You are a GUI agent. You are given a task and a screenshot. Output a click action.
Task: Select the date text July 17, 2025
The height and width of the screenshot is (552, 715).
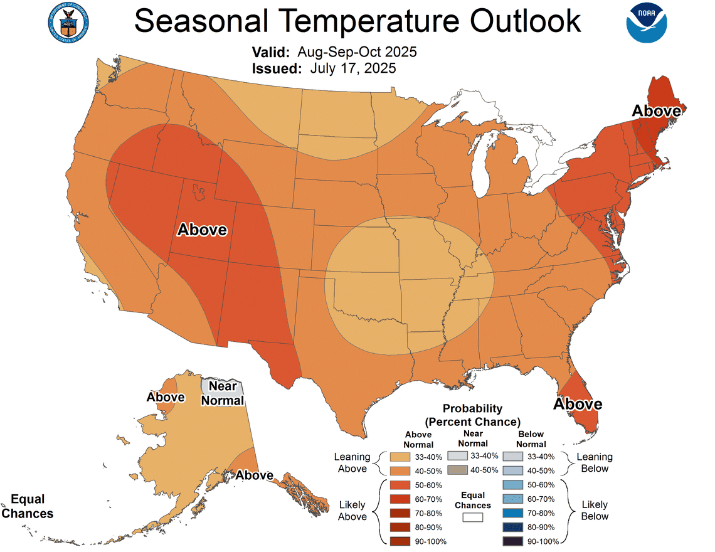pyautogui.click(x=352, y=68)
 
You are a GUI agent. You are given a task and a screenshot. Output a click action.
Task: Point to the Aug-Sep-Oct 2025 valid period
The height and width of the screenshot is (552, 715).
pyautogui.click(x=357, y=51)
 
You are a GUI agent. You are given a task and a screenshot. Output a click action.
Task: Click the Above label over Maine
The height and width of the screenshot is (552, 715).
pyautogui.click(x=656, y=111)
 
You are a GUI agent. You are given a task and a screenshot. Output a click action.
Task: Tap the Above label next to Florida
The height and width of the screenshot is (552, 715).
pyautogui.click(x=577, y=403)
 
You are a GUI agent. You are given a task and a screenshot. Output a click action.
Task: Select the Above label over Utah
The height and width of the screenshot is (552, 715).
pyautogui.click(x=202, y=230)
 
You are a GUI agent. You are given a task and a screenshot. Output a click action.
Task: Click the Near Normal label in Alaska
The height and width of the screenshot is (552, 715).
pyautogui.click(x=222, y=393)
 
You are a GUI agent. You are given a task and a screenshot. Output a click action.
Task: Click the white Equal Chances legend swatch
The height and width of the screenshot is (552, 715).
pyautogui.click(x=473, y=517)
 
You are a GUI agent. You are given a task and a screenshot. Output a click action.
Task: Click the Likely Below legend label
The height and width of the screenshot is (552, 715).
pyautogui.click(x=594, y=511)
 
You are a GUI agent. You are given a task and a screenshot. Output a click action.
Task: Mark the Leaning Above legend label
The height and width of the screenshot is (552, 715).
pyautogui.click(x=352, y=463)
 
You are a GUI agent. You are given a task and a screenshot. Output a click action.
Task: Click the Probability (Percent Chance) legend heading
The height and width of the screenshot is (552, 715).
pyautogui.click(x=472, y=415)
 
